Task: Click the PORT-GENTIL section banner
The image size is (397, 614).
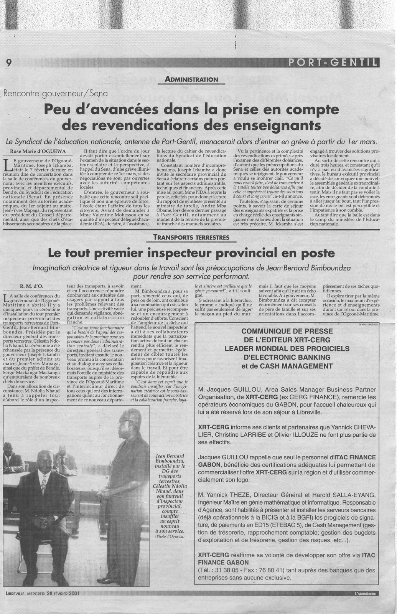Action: (x=332, y=62)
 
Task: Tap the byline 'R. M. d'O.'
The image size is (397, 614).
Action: (x=33, y=286)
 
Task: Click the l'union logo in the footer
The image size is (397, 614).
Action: (x=365, y=594)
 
